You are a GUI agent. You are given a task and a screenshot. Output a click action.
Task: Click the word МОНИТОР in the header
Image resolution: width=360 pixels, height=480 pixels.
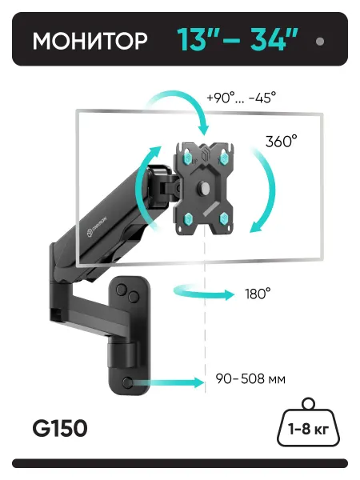point(90,41)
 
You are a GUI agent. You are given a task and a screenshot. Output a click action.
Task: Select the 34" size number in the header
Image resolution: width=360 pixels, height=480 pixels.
point(274,40)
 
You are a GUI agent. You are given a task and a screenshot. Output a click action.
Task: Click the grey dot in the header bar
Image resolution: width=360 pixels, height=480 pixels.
point(320,42)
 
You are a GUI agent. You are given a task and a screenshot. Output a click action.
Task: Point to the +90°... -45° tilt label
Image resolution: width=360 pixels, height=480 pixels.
point(242,98)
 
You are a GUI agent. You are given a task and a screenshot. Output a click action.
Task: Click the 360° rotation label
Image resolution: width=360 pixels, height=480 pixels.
point(281,142)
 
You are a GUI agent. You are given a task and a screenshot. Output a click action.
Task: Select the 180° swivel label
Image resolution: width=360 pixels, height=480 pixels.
point(258,294)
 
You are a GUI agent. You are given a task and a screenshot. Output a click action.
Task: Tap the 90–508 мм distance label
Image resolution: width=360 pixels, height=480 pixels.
point(250,379)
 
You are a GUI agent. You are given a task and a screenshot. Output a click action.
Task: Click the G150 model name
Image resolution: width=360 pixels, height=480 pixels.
point(60,428)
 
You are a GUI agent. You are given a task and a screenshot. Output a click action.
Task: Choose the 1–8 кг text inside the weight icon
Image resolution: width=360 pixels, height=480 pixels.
point(308,429)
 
